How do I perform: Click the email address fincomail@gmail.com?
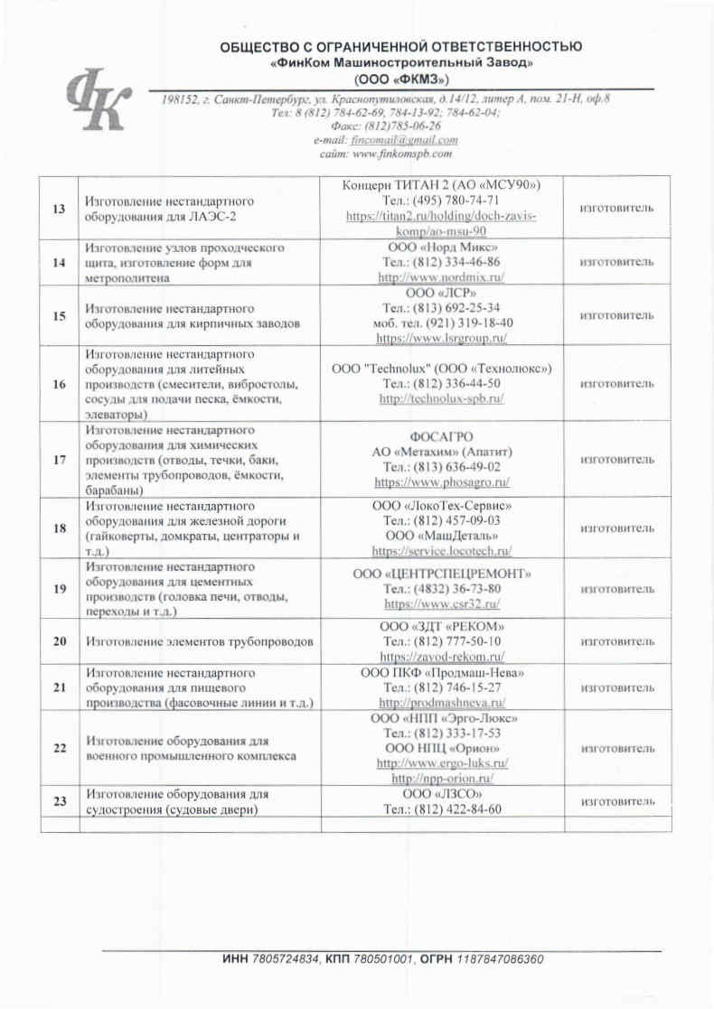(411, 140)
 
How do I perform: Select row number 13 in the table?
(60, 209)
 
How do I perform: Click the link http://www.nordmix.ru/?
(442, 276)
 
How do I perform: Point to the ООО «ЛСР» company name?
(442, 294)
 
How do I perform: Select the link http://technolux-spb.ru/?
(442, 398)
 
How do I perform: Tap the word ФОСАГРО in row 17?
(442, 436)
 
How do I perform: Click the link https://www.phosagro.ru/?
(442, 482)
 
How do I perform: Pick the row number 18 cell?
(60, 528)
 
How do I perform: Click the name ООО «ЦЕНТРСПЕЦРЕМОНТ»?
(442, 574)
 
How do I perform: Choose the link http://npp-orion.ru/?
(442, 778)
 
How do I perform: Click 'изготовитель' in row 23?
(617, 801)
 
